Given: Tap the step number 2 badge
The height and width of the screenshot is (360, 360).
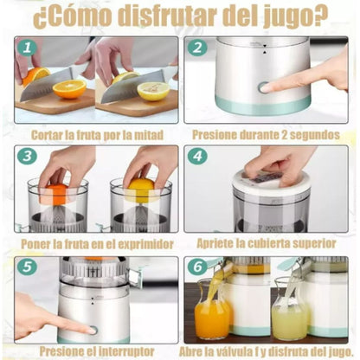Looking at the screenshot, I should pos(197,49).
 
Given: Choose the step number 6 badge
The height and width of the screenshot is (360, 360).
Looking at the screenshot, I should pos(197,268).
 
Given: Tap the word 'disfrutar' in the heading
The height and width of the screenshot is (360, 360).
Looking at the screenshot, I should pos(151,16).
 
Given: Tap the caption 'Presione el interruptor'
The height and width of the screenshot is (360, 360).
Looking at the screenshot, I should pos(95,351).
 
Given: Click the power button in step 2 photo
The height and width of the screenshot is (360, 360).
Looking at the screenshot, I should pos(262,87).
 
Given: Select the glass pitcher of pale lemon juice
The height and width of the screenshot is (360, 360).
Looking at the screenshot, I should pos(290,316).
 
